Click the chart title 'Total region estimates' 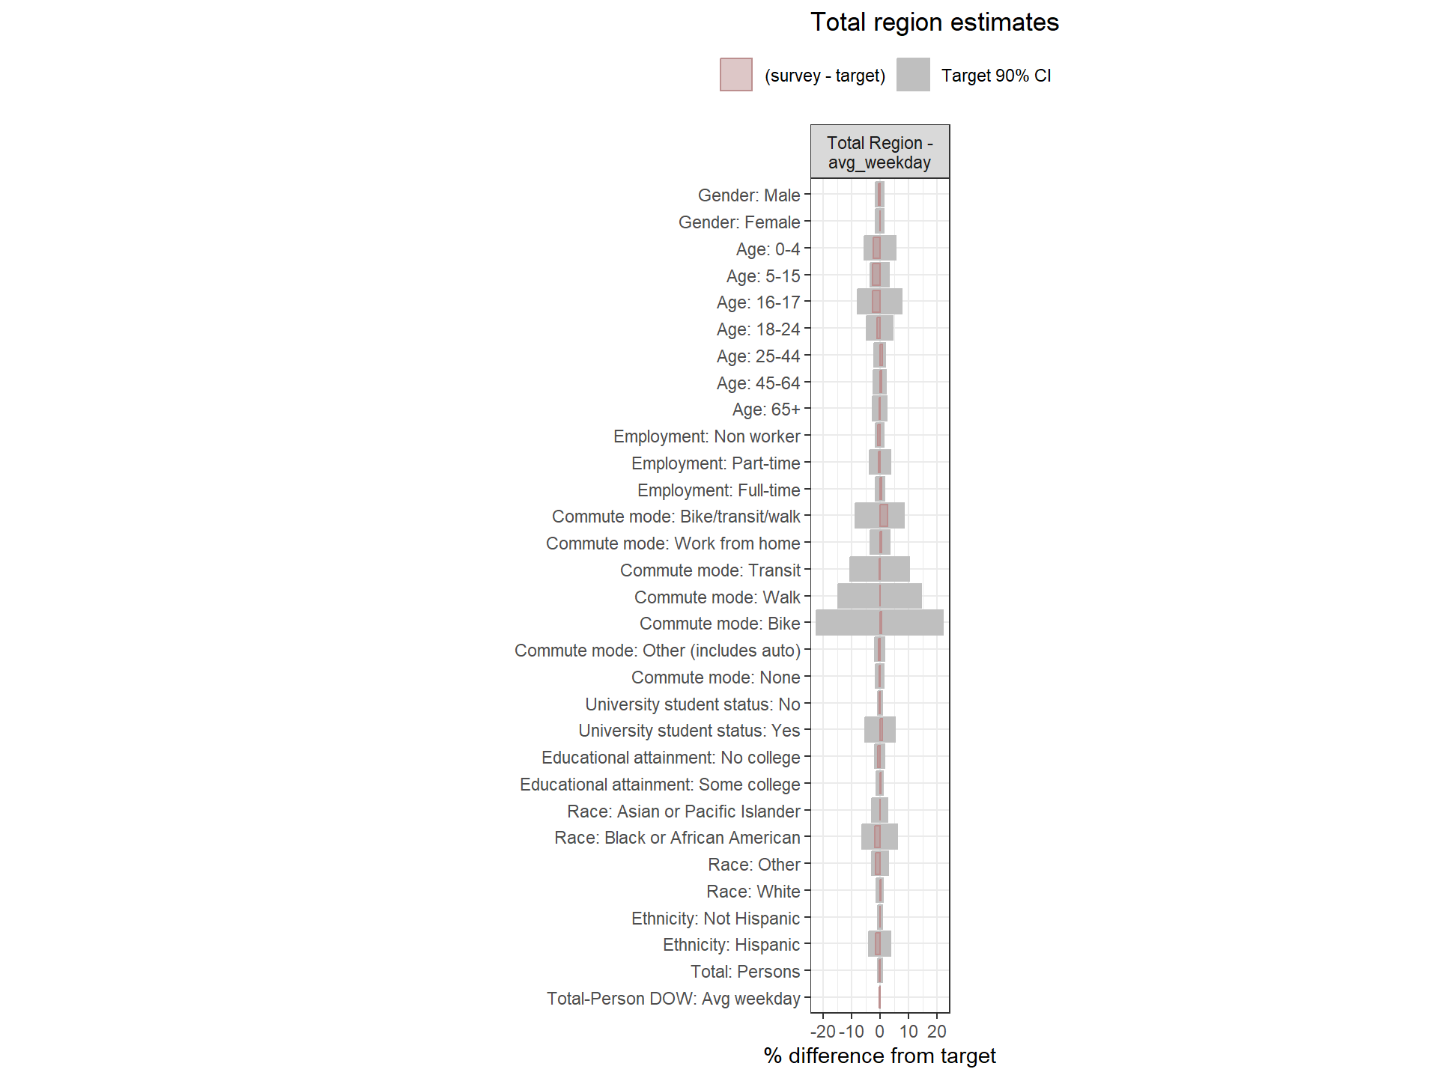[x=934, y=22]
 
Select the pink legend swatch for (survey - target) [x=735, y=75]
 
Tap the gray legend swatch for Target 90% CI [x=912, y=75]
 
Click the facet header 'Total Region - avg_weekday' [x=879, y=152]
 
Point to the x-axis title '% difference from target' [x=879, y=1056]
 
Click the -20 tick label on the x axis [x=823, y=1032]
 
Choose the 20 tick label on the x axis [x=936, y=1032]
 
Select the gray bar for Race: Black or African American [x=890, y=837]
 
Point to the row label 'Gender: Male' [x=748, y=195]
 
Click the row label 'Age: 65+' [x=765, y=409]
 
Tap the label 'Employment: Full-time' [x=718, y=490]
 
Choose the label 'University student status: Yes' [x=689, y=731]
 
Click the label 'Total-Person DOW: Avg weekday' [x=673, y=999]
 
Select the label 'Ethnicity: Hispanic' [x=731, y=945]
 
